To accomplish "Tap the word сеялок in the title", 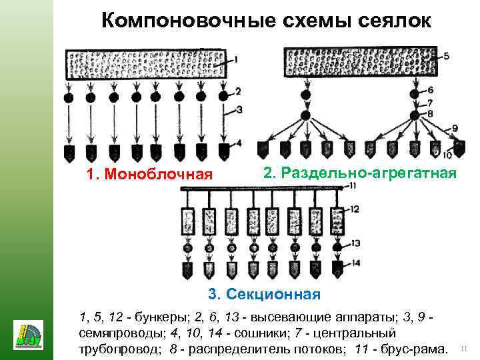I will coord(393,21).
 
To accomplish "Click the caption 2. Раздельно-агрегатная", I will coord(360,173).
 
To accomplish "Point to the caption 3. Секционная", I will coord(264,293).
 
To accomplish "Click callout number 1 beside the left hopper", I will coord(237,61).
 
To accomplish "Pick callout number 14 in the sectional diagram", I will coord(355,263).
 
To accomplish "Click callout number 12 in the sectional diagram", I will coord(355,209).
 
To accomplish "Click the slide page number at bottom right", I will coord(464,347).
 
